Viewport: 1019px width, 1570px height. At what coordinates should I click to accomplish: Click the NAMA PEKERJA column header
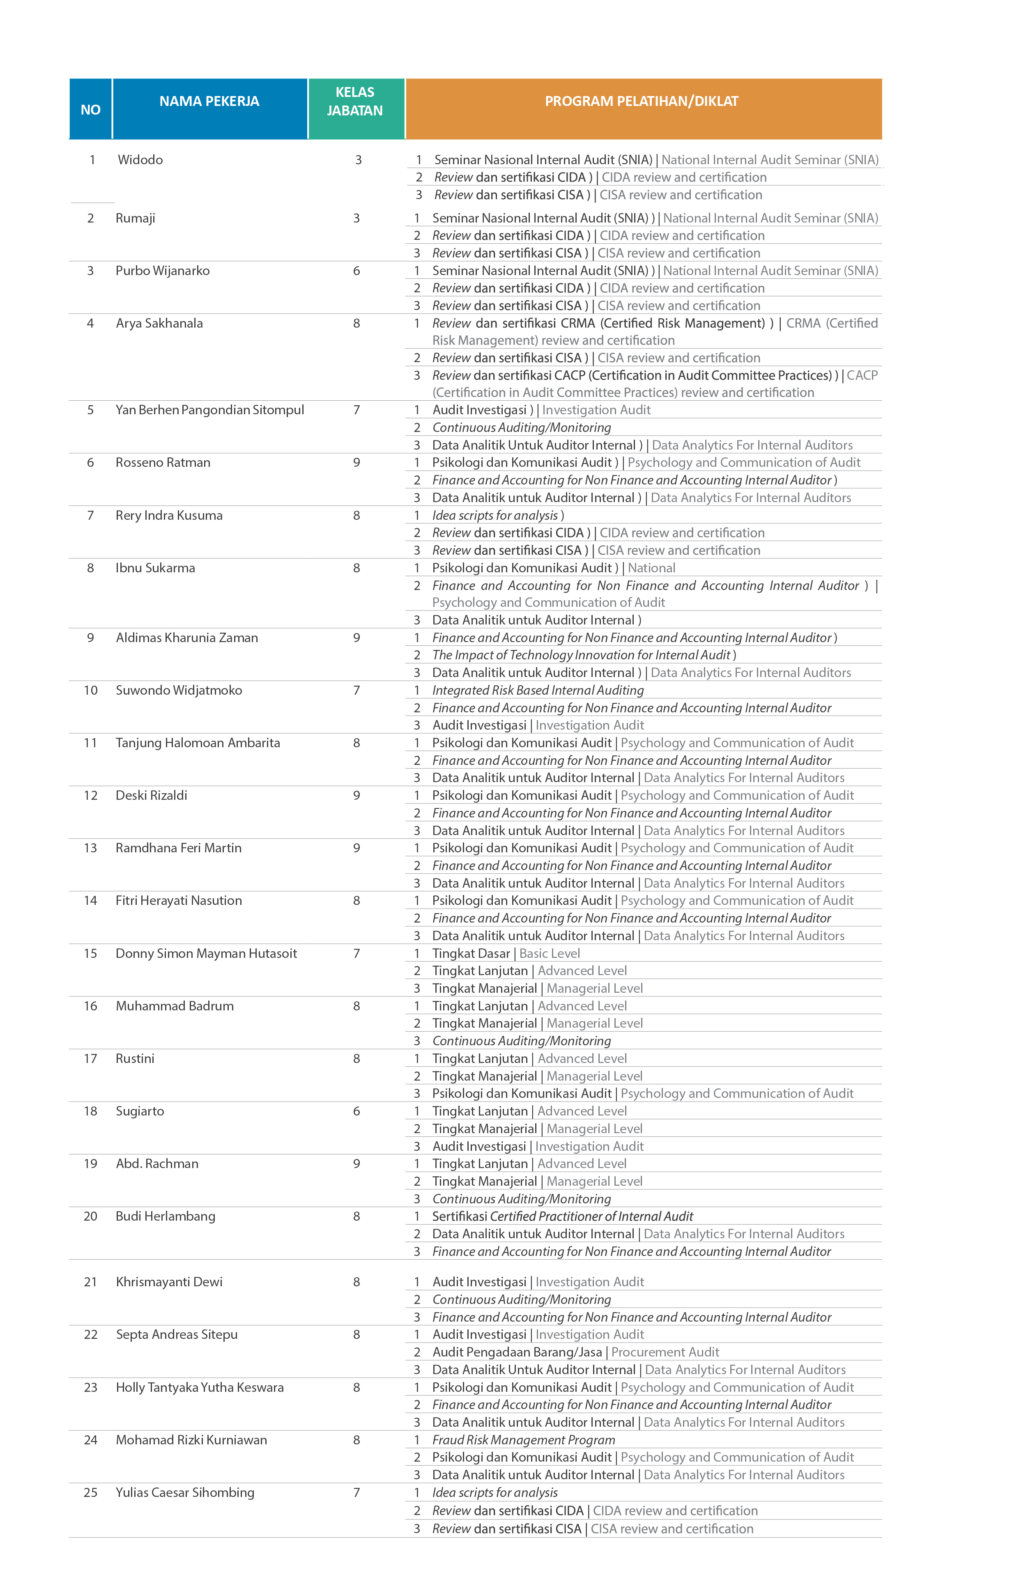tap(209, 101)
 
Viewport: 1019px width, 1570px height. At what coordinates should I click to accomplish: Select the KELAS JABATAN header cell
tap(355, 101)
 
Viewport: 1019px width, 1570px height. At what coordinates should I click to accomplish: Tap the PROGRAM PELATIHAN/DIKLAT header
tap(642, 101)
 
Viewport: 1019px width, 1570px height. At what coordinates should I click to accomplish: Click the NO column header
tap(90, 110)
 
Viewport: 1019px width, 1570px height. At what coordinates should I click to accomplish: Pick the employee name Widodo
tap(140, 160)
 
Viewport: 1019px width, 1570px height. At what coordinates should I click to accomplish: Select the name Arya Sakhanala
tap(159, 323)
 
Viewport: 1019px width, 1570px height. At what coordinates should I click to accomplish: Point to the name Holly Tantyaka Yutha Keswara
tap(199, 1387)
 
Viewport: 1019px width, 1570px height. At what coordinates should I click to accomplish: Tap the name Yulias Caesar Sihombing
tap(185, 1492)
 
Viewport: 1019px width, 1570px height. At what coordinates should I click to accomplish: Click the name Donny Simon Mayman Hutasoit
tap(206, 953)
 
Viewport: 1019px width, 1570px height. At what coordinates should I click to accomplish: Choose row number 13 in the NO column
tap(90, 848)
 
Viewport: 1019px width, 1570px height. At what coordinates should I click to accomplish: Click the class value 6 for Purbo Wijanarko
tap(357, 271)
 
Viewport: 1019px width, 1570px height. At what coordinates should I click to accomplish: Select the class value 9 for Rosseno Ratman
tap(357, 462)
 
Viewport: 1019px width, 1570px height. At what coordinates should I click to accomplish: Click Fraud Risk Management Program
tap(523, 1439)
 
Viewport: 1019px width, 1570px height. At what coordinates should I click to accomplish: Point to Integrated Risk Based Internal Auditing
tap(538, 690)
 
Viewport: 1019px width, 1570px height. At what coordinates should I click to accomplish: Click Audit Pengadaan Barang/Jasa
tap(517, 1352)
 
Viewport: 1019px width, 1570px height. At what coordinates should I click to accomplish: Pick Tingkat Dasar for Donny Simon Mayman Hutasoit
tap(471, 953)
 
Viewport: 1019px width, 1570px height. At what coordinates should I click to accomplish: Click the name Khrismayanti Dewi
tap(169, 1282)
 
